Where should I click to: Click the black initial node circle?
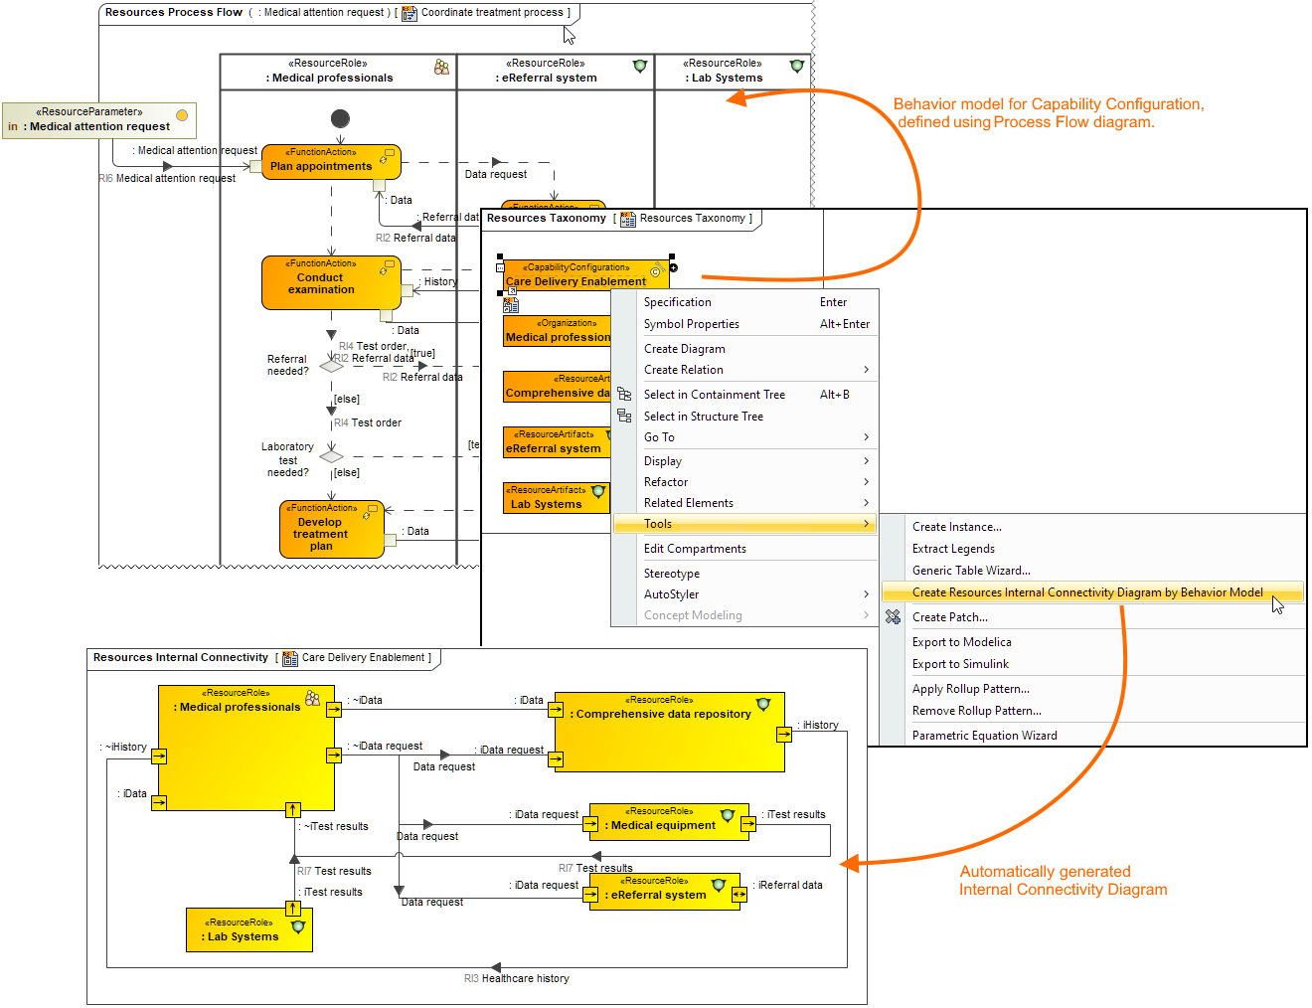pyautogui.click(x=340, y=118)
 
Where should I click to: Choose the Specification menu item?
pyautogui.click(x=678, y=302)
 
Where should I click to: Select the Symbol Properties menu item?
pyautogui.click(x=692, y=324)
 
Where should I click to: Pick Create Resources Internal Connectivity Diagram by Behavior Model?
pyautogui.click(x=1087, y=592)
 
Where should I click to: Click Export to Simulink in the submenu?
pyautogui.click(x=960, y=664)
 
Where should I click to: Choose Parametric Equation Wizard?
pyautogui.click(x=984, y=736)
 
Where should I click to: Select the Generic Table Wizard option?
pyautogui.click(x=971, y=571)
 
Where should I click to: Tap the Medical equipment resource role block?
pyautogui.click(x=668, y=822)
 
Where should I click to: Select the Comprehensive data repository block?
pyautogui.click(x=669, y=732)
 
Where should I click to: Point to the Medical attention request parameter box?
pyautogui.click(x=98, y=120)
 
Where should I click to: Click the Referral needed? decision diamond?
pyautogui.click(x=331, y=366)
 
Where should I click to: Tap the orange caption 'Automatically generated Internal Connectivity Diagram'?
pyautogui.click(x=1063, y=881)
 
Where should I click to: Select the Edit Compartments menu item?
pyautogui.click(x=695, y=549)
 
